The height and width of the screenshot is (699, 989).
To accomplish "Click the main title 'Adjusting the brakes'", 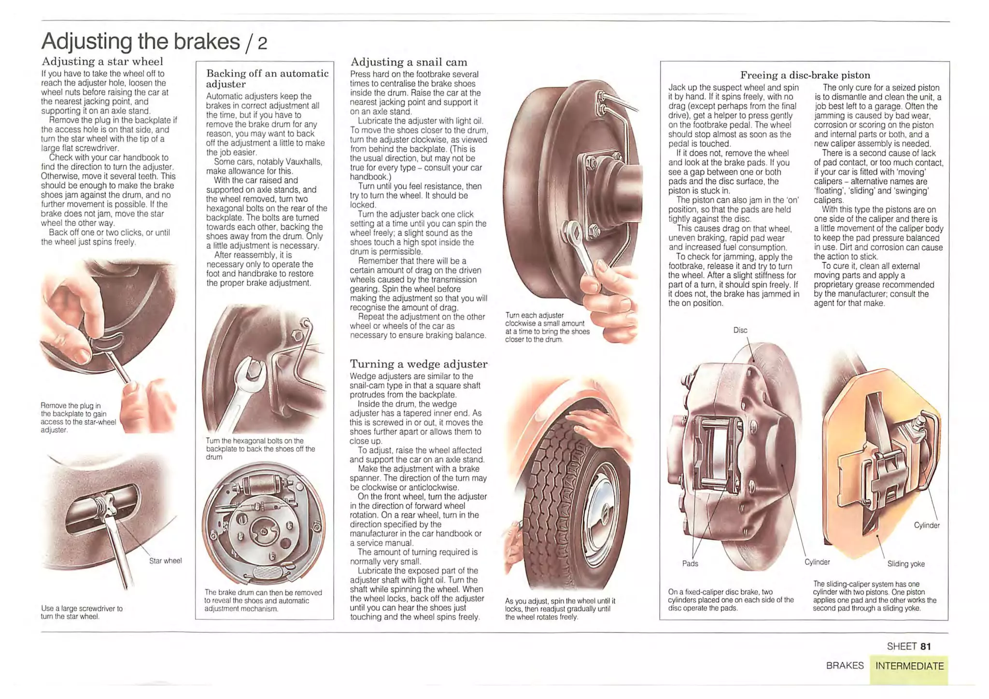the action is (x=141, y=42).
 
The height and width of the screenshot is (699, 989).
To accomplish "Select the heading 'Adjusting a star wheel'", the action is (x=102, y=61).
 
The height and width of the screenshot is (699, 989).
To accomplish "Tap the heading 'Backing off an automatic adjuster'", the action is (x=268, y=78).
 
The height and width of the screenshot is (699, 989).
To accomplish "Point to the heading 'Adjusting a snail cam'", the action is (x=409, y=62).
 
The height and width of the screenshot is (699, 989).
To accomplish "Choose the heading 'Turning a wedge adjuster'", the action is (x=419, y=364).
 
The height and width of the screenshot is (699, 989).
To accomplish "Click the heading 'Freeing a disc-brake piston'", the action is (x=805, y=75).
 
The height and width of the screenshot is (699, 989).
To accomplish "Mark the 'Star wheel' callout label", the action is (x=165, y=560).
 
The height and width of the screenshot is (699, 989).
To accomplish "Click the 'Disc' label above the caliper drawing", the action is (x=740, y=330).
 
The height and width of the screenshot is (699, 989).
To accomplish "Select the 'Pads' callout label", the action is (x=690, y=563).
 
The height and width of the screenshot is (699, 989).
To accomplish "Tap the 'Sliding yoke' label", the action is (x=906, y=564).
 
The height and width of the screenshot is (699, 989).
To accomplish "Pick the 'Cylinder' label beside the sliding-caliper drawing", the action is (x=927, y=525).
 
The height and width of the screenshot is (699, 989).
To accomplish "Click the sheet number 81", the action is (x=925, y=646).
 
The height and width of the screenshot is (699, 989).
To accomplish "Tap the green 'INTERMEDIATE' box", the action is (x=909, y=669).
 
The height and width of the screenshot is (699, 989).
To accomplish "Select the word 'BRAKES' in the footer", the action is (x=845, y=666).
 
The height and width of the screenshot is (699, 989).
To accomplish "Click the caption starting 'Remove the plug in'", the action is (x=78, y=417).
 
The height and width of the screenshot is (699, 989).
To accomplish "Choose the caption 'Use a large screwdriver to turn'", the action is (x=82, y=613).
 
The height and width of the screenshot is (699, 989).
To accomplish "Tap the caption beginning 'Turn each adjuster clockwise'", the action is (x=547, y=328).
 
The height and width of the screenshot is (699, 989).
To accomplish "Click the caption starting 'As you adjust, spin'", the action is (x=560, y=609).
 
